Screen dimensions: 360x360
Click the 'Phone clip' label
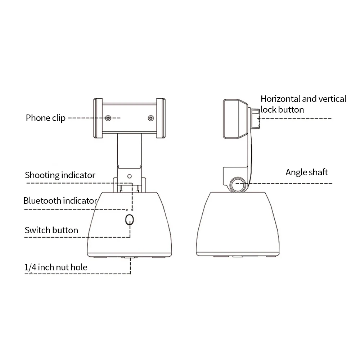(46, 118)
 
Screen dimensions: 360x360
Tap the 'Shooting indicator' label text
(60, 175)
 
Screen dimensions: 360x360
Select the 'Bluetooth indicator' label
(60, 201)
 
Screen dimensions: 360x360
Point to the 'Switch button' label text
(51, 230)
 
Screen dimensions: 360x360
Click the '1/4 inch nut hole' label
(56, 267)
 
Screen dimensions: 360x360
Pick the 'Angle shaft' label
(307, 172)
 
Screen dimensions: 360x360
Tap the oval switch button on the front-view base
(130, 220)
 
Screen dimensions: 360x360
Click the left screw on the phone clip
(108, 118)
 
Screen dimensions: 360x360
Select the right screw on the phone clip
(150, 118)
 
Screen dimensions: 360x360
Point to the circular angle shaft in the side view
(238, 185)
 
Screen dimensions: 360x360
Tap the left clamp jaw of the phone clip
(98, 118)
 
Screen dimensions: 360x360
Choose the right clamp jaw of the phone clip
(161, 118)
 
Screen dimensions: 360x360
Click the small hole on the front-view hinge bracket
(130, 177)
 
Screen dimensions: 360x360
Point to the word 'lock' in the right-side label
(269, 109)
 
